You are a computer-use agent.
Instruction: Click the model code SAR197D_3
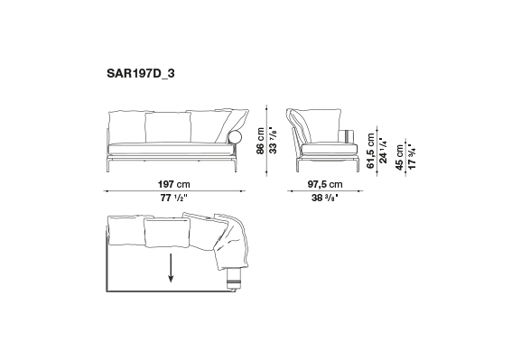point(140,73)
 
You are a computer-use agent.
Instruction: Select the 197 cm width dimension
point(173,184)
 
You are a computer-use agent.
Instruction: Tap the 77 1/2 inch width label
point(173,198)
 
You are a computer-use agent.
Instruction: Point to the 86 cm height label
point(260,141)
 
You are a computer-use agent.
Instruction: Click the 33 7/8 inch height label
point(273,140)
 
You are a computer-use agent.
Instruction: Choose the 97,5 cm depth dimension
point(325,184)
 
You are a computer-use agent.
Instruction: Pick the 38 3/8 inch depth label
point(325,198)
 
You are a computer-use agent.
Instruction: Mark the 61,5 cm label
point(371,151)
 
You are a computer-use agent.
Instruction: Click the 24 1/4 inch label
point(383,151)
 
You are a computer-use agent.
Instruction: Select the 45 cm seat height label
point(399,157)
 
